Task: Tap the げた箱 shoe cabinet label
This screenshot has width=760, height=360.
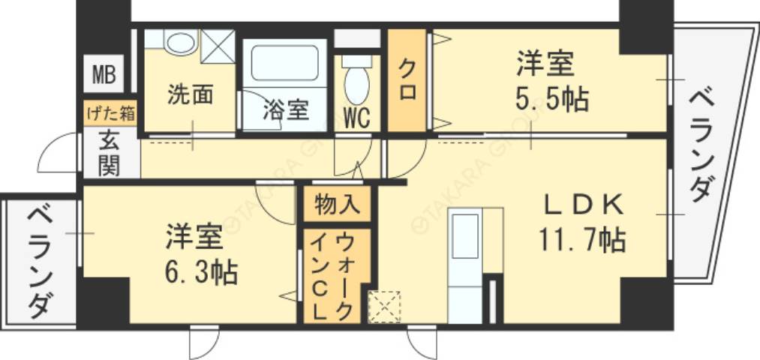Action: click(x=110, y=114)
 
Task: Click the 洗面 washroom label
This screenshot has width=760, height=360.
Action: click(x=189, y=94)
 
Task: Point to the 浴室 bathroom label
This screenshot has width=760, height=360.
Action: click(x=286, y=110)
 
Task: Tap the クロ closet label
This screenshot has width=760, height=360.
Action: click(x=407, y=81)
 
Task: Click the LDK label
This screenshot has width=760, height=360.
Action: click(x=583, y=203)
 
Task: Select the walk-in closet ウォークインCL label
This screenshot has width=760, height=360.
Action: click(x=332, y=276)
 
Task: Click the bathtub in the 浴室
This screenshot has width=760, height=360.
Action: click(x=284, y=63)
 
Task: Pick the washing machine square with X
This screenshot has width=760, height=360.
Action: click(x=218, y=45)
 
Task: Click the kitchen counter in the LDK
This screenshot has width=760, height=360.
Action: click(x=465, y=266)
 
